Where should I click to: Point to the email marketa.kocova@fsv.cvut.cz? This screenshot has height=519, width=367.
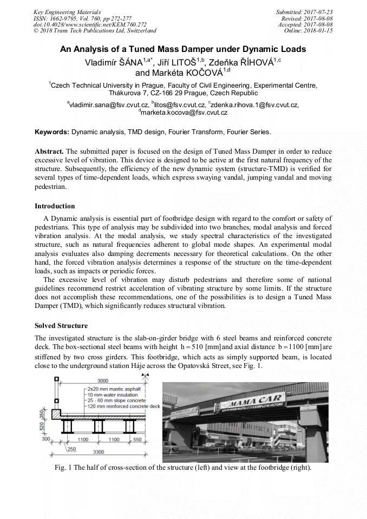pyautogui.click(x=184, y=113)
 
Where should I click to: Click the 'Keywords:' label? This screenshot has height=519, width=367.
pyautogui.click(x=52, y=132)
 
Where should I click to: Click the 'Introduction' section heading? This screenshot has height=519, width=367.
pyautogui.click(x=55, y=206)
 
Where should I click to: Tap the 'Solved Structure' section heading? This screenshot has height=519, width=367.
pyautogui.click(x=61, y=326)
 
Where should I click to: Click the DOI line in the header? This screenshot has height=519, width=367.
pyautogui.click(x=89, y=24)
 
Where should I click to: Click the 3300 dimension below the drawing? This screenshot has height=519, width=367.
pyautogui.click(x=99, y=450)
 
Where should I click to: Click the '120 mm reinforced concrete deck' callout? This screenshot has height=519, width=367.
pyautogui.click(x=123, y=406)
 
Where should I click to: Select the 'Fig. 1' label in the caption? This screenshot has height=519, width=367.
pyautogui.click(x=63, y=467)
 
